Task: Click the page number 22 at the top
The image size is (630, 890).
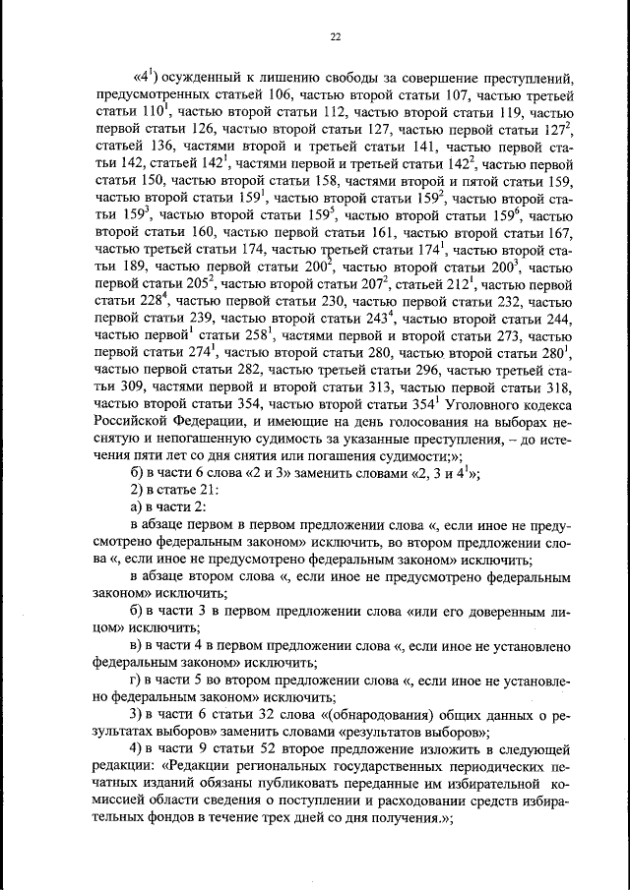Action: pyautogui.click(x=335, y=36)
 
